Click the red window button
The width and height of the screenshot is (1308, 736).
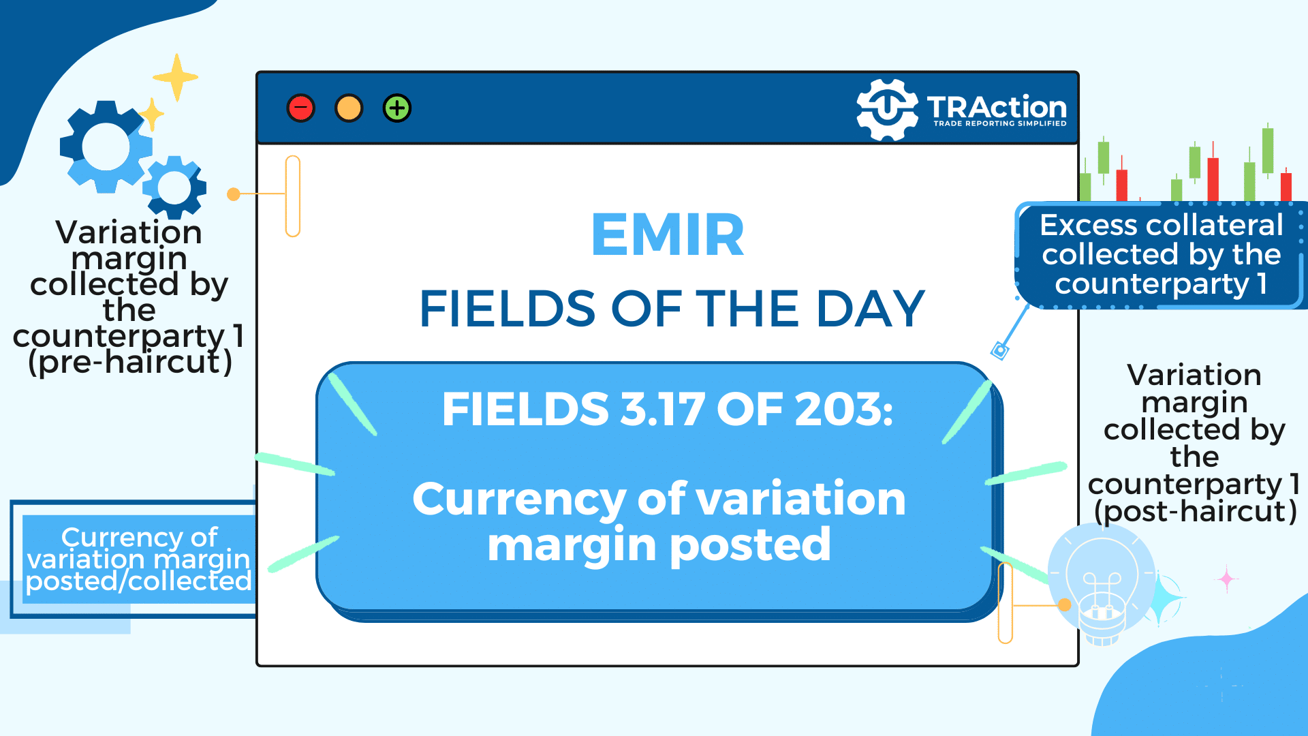[300, 108]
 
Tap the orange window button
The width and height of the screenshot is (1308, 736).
[349, 108]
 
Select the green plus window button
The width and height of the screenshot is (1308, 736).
[397, 108]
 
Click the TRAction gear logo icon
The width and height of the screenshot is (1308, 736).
[887, 110]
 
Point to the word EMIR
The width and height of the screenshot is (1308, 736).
[668, 235]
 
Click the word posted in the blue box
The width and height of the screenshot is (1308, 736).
[750, 546]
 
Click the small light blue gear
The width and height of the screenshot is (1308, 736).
[174, 187]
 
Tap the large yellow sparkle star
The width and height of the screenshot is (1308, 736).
[176, 77]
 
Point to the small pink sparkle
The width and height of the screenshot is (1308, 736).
[1227, 579]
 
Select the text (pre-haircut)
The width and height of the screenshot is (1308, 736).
[130, 362]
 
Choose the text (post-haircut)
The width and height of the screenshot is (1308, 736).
[1195, 511]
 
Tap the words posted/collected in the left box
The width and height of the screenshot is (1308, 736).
[139, 581]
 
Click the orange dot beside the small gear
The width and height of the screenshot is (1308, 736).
[234, 194]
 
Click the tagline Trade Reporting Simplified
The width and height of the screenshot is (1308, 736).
[999, 123]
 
